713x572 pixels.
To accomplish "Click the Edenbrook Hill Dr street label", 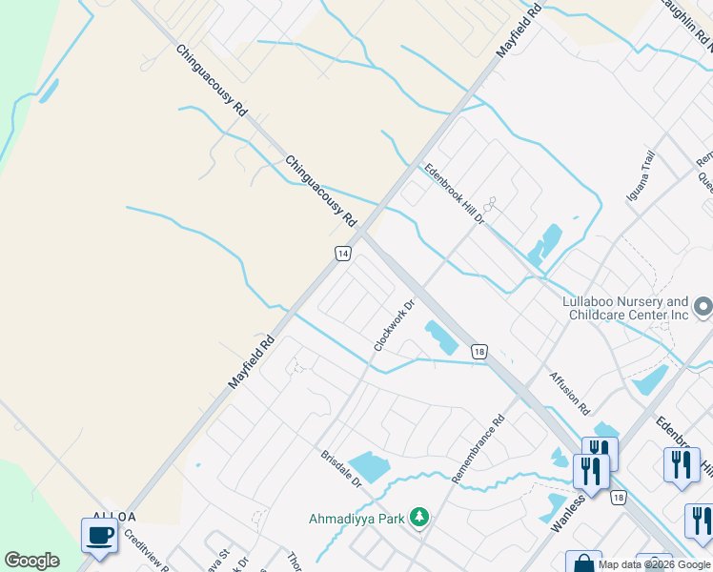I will pyautogui.click(x=456, y=194).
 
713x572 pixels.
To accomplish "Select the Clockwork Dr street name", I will pyautogui.click(x=395, y=326).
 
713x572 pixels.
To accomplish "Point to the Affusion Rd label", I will pyautogui.click(x=569, y=393).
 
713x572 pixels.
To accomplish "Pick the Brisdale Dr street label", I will pyautogui.click(x=341, y=469).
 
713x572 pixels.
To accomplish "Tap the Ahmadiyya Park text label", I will pyautogui.click(x=355, y=519).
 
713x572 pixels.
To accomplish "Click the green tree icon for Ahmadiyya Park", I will pyautogui.click(x=418, y=518).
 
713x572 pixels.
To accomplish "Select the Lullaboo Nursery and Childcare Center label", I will pyautogui.click(x=624, y=307).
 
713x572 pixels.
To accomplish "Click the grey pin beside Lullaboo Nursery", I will pyautogui.click(x=703, y=307).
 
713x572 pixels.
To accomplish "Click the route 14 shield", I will pyautogui.click(x=343, y=254).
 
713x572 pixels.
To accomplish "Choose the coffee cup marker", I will pyautogui.click(x=99, y=536).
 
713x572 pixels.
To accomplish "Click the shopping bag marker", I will pyautogui.click(x=582, y=564).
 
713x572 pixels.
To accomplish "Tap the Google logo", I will pyautogui.click(x=31, y=561).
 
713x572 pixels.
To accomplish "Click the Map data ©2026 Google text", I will pyautogui.click(x=654, y=564).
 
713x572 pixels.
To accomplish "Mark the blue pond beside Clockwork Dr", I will pyautogui.click(x=440, y=337).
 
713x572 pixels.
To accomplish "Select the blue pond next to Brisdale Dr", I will pyautogui.click(x=369, y=466).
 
